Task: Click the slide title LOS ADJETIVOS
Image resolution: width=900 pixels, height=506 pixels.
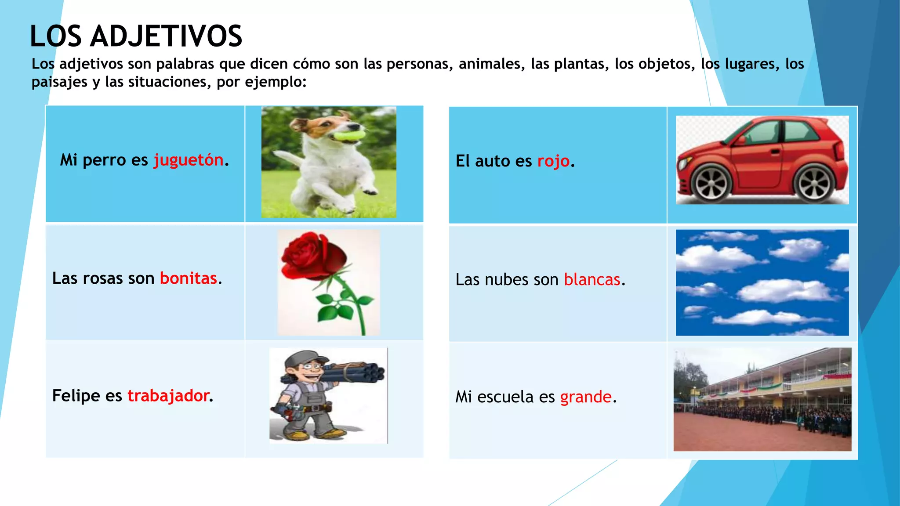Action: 136,36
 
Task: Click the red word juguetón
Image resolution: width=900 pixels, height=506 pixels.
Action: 189,160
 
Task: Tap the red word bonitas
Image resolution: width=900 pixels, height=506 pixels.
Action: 189,278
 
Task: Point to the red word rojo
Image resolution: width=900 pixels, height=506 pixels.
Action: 554,161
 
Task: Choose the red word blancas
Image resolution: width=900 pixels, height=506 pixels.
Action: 592,280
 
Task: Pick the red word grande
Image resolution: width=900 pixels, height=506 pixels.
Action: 586,397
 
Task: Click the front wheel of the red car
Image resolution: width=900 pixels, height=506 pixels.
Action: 711,184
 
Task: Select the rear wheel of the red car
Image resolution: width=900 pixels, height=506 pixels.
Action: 814,184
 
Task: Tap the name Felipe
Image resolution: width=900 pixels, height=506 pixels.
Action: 76,396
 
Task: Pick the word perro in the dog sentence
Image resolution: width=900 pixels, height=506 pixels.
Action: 104,160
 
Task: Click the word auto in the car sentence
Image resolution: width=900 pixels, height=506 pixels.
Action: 492,161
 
